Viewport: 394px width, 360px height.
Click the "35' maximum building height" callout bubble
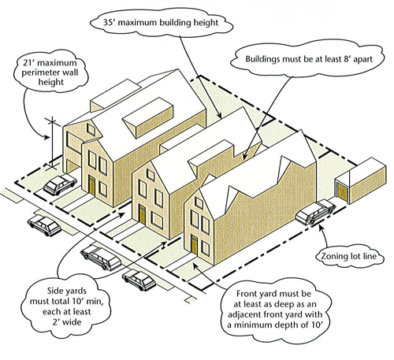(x=162, y=23)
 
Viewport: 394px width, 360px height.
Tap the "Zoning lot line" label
(x=349, y=256)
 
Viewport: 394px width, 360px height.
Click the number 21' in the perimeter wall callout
(x=29, y=63)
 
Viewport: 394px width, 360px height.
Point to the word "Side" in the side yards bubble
(x=55, y=291)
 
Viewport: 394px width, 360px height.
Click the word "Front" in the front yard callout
(x=247, y=294)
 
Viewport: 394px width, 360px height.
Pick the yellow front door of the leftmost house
(x=92, y=185)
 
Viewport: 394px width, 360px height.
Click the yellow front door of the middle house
(x=142, y=214)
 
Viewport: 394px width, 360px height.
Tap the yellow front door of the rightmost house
(x=194, y=245)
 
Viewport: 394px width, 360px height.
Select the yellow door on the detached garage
(x=342, y=191)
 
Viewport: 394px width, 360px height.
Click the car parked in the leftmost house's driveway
(x=60, y=184)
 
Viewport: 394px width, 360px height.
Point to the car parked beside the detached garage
(x=316, y=213)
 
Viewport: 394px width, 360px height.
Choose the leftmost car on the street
(x=44, y=225)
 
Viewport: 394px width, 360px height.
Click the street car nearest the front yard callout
(x=139, y=280)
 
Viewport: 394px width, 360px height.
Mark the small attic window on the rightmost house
(x=199, y=202)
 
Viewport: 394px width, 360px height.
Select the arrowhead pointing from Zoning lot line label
(x=320, y=227)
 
